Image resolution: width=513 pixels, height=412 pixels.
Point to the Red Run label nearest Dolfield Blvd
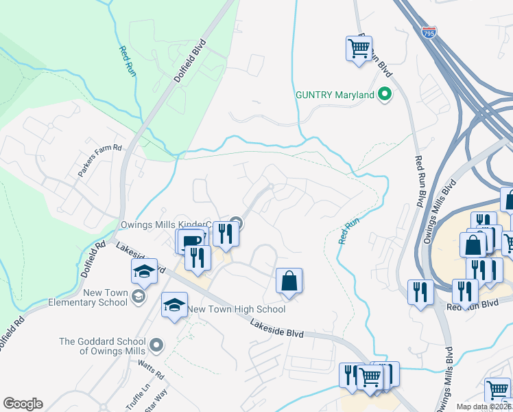[x=126, y=60]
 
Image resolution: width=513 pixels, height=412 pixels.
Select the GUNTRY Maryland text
[x=335, y=95]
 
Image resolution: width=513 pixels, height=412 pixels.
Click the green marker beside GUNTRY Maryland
[x=385, y=95]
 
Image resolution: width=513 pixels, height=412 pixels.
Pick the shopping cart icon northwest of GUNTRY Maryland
[x=359, y=49]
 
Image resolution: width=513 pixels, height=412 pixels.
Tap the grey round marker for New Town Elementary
[x=139, y=296]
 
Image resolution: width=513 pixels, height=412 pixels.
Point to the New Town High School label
[x=237, y=310]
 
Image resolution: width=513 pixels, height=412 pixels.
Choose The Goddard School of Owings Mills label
[x=102, y=346]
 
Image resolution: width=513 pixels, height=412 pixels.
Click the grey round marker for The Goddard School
[x=157, y=345]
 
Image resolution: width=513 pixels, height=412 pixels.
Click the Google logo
[x=23, y=404]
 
